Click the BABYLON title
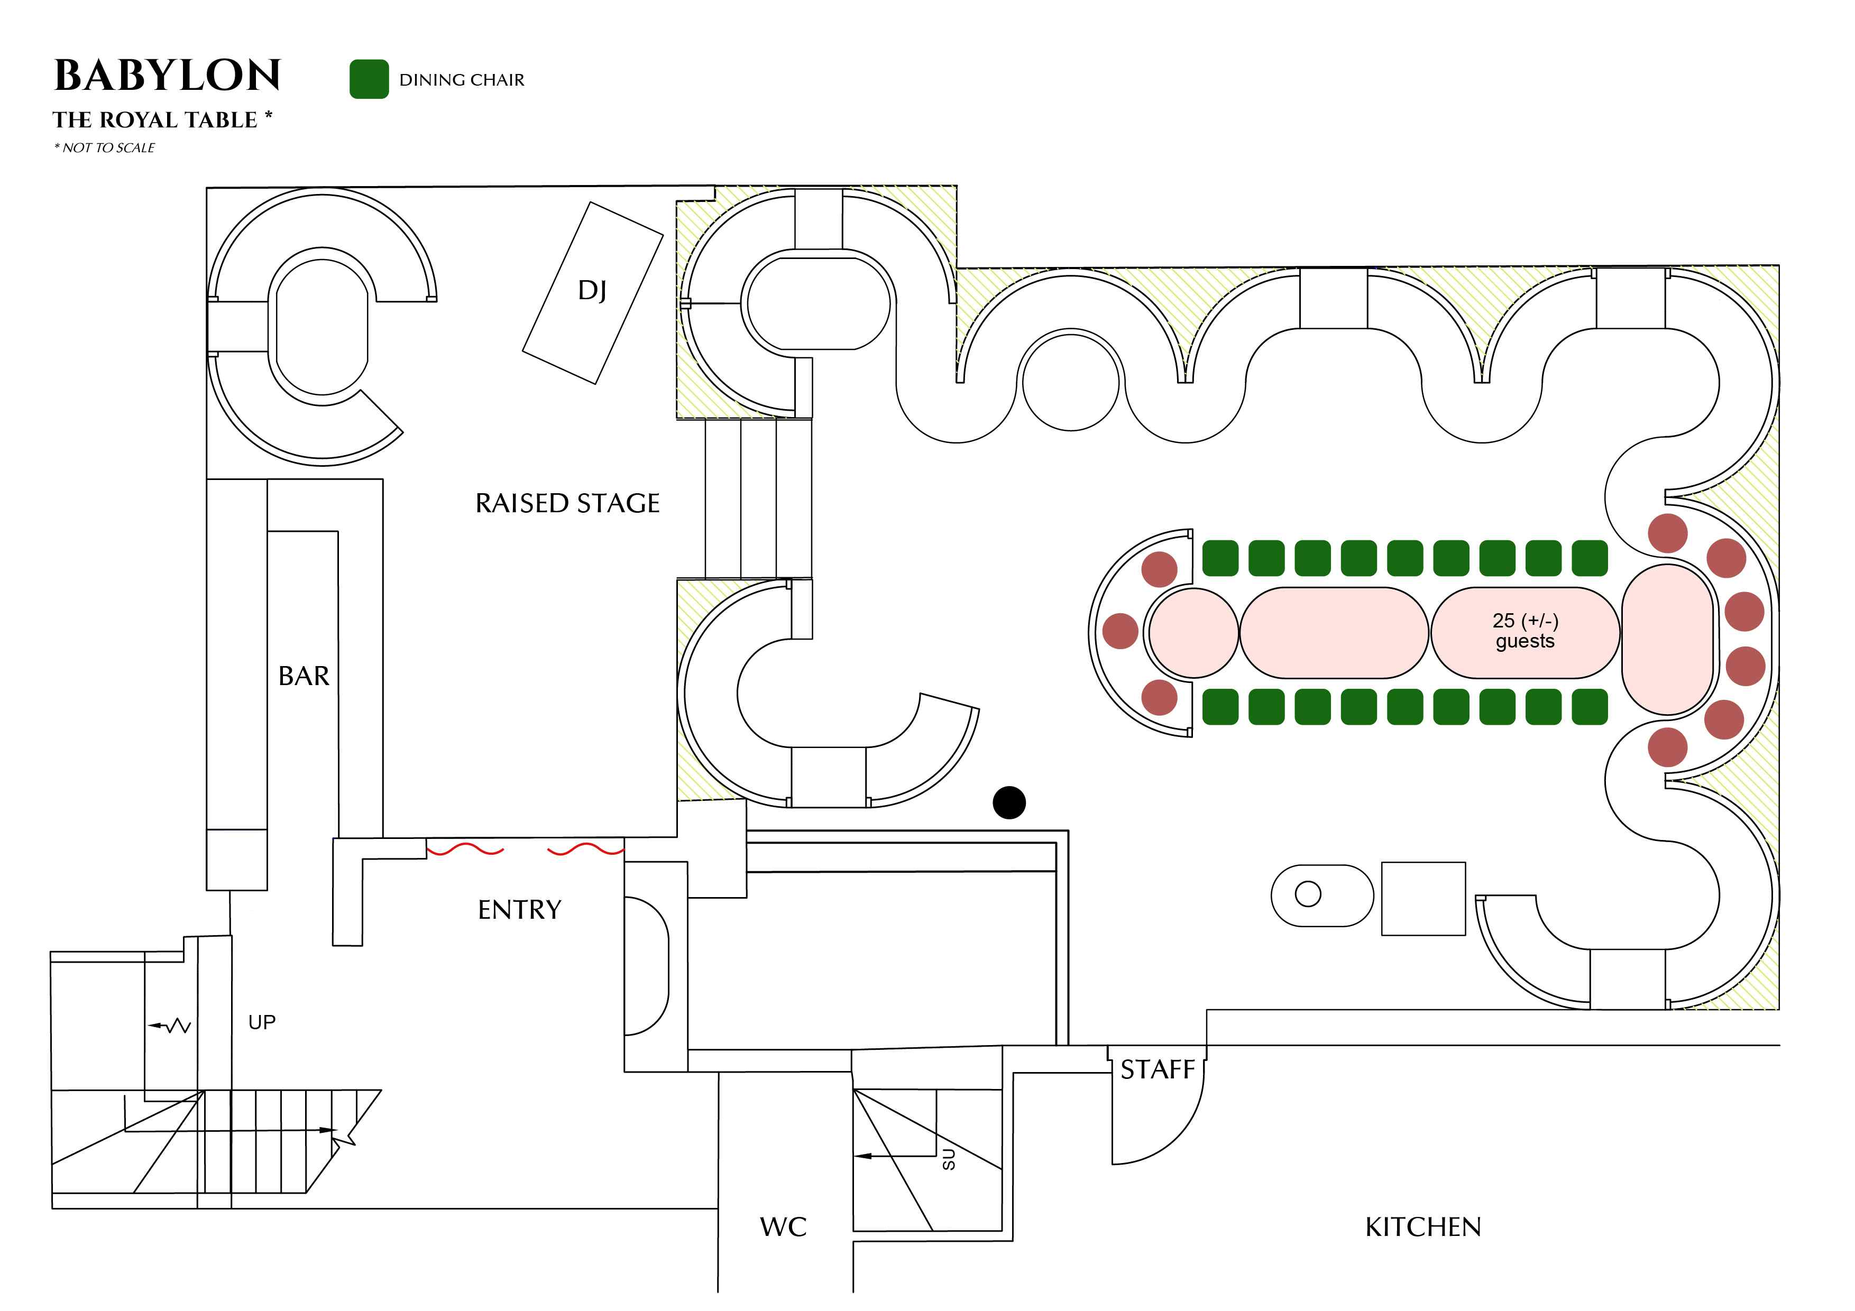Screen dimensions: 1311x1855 coord(167,76)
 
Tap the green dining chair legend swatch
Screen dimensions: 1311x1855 coord(369,79)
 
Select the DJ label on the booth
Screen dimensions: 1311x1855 coord(592,291)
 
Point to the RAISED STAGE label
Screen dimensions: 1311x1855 coord(567,504)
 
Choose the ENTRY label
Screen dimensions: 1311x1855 coord(519,910)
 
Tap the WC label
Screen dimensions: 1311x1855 coord(783,1227)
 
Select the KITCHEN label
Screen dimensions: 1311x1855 coord(1423,1227)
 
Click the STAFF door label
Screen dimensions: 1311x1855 coord(1157,1069)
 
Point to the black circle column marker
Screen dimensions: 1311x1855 coord(1009,802)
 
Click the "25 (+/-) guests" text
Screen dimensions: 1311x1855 coord(1525,631)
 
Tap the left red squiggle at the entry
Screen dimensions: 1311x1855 coord(465,850)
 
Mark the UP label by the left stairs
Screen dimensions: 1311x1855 coord(262,1022)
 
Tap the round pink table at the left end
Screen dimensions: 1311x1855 coord(1193,632)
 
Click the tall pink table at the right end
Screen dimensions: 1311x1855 coord(1667,640)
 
